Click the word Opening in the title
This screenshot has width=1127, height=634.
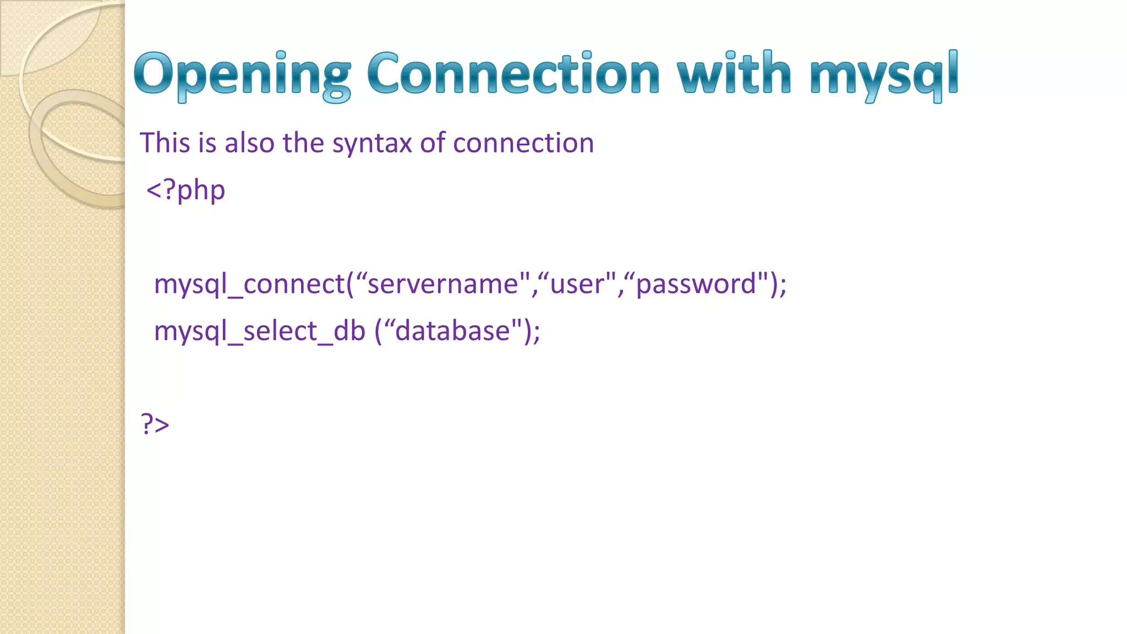pyautogui.click(x=242, y=74)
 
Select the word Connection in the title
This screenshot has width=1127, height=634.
pyautogui.click(x=513, y=74)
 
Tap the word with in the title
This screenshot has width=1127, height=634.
pyautogui.click(x=734, y=74)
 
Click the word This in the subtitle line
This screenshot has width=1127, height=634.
pyautogui.click(x=165, y=143)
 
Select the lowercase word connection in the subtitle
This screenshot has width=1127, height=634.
pyautogui.click(x=523, y=143)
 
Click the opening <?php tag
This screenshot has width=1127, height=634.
pyautogui.click(x=185, y=190)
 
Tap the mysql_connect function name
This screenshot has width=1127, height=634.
pyautogui.click(x=249, y=285)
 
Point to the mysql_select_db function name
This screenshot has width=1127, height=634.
pyautogui.click(x=259, y=331)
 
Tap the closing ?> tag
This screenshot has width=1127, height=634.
pyautogui.click(x=155, y=424)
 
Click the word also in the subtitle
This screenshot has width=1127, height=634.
pyautogui.click(x=249, y=143)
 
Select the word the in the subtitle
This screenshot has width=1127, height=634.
pyautogui.click(x=303, y=143)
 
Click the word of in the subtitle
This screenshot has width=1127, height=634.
pyautogui.click(x=433, y=143)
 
